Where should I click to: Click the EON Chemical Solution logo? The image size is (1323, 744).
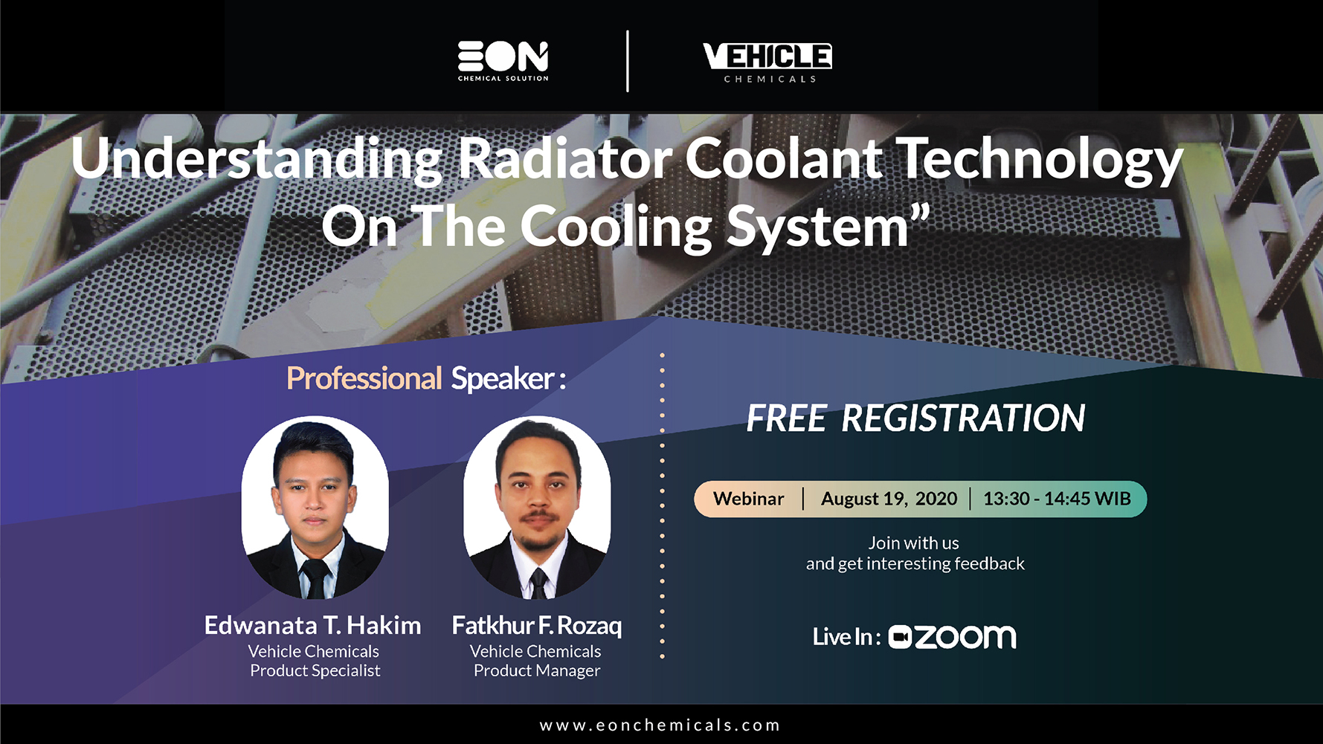coord(503,61)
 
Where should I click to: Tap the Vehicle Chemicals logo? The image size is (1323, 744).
coord(767,62)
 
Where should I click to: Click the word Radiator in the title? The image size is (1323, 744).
coord(565,159)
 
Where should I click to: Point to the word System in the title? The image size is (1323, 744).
coord(817,227)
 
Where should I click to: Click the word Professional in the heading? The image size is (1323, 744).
coord(364,378)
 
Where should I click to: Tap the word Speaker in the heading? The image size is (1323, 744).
coord(502,379)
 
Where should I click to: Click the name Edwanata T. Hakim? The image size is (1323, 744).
coord(312,625)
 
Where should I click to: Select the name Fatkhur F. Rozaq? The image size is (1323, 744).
coord(536,625)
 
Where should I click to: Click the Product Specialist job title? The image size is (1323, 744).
coord(315,670)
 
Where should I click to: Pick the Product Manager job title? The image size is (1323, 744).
coord(537,670)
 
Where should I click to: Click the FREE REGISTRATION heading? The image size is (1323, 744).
coord(915,418)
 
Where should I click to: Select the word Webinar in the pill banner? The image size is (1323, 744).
coord(748,499)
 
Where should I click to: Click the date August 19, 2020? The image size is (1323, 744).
coord(889,499)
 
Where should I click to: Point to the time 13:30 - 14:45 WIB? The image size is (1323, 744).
coord(1057,499)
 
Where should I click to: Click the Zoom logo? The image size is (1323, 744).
coord(952,637)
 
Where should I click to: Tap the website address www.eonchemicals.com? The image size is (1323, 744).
coord(660,725)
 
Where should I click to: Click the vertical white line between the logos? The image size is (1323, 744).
coord(628,61)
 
